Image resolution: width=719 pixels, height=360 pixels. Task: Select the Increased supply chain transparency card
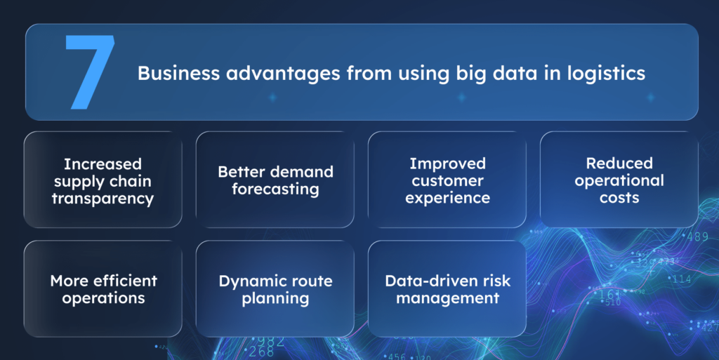pos(103,180)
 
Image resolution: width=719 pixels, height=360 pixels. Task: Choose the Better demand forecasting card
pos(275,180)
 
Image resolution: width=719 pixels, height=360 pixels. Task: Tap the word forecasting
pos(275,189)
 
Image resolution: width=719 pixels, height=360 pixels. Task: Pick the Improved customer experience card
pos(447,180)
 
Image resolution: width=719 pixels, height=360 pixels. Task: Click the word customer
pos(447,181)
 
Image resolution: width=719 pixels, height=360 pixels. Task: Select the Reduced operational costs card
pos(619,180)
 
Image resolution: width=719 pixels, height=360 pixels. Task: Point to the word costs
pos(619,199)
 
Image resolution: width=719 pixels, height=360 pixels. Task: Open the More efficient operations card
pos(103,288)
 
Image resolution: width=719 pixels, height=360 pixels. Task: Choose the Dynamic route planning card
pos(275,288)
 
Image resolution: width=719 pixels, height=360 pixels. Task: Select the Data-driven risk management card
pos(447,288)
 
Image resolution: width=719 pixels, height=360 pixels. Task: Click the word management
pos(447,298)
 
